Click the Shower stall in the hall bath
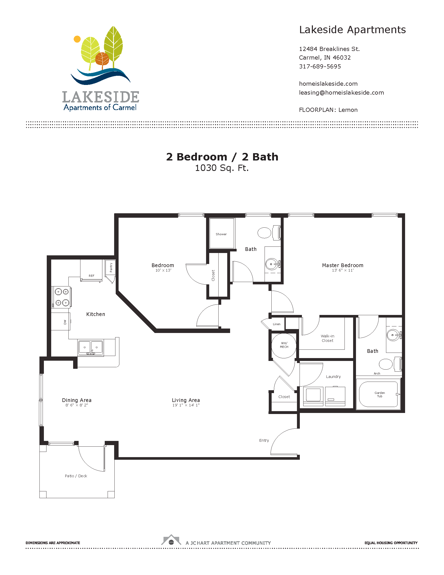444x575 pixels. click(x=222, y=233)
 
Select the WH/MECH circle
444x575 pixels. click(x=284, y=346)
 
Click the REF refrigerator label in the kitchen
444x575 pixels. click(x=91, y=276)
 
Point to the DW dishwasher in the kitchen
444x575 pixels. click(x=61, y=321)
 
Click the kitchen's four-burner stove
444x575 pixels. click(x=62, y=297)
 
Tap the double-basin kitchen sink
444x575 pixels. click(x=90, y=348)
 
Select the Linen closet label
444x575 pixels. click(x=276, y=324)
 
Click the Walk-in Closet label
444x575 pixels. click(x=328, y=338)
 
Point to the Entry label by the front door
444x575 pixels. click(x=264, y=440)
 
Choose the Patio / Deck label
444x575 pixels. click(x=76, y=476)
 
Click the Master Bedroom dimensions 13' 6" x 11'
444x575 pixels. click(x=342, y=271)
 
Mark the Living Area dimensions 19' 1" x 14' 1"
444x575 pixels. click(x=186, y=405)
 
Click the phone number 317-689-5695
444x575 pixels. click(x=320, y=66)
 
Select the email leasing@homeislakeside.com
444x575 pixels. click(x=341, y=93)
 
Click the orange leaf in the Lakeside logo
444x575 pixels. click(x=102, y=59)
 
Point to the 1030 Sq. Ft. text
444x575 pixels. click(x=222, y=168)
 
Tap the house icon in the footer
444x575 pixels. click(x=171, y=540)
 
